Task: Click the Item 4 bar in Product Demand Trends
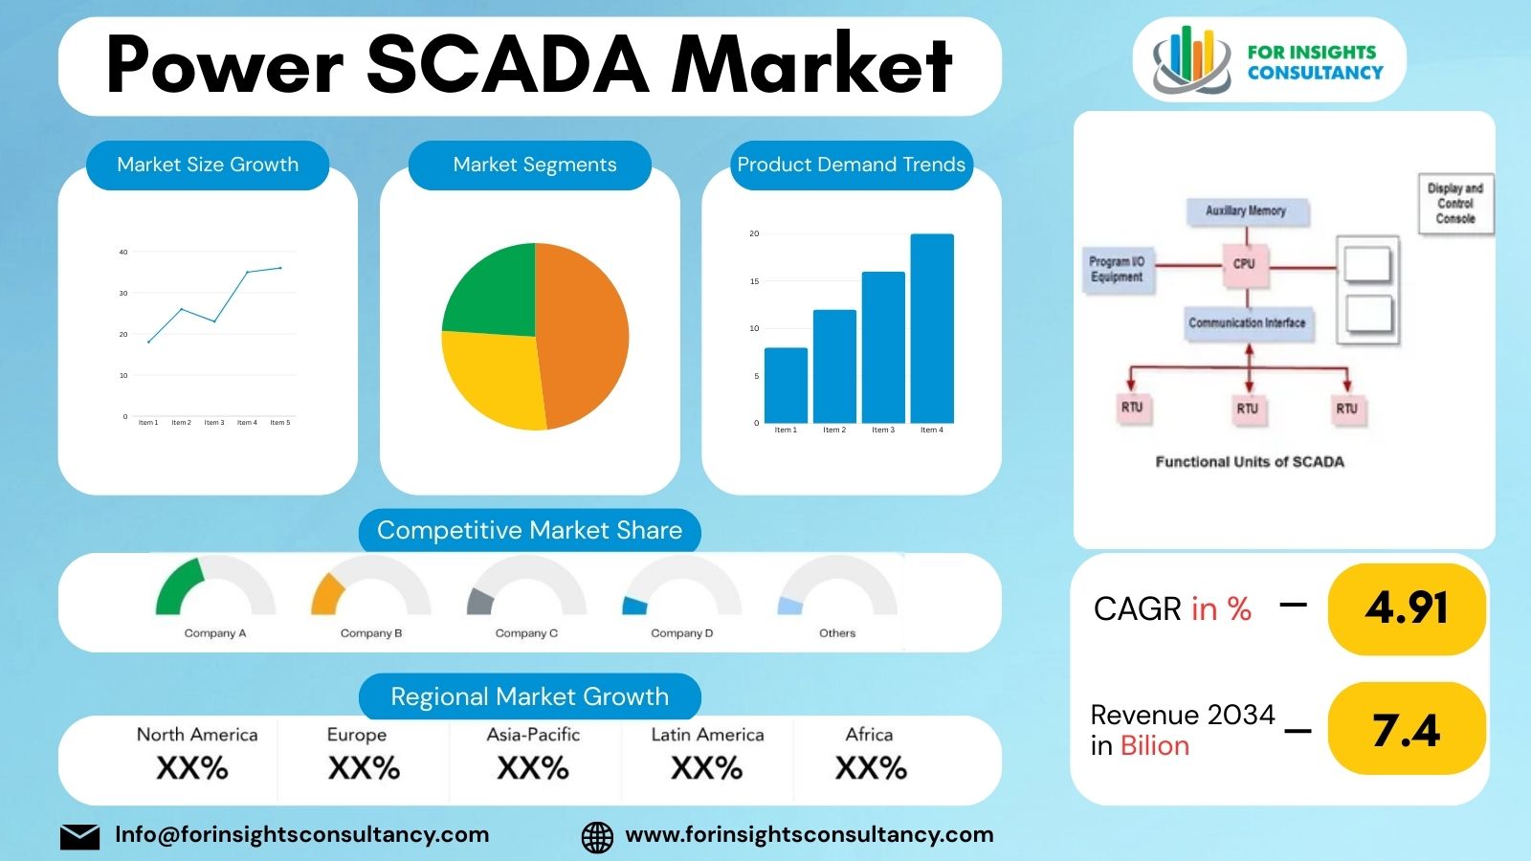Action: [x=931, y=328]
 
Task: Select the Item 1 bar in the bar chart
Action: [x=786, y=385]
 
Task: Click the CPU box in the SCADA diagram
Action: [x=1244, y=263]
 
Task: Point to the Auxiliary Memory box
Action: [x=1246, y=210]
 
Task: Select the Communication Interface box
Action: [x=1247, y=323]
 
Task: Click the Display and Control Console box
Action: [x=1454, y=204]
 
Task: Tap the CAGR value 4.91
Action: [x=1406, y=608]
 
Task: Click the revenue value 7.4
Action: [x=1406, y=731]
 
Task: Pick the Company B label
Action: [x=371, y=633]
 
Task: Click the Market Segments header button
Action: [x=534, y=165]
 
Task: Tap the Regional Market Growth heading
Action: [x=529, y=696]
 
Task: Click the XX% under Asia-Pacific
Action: [x=533, y=768]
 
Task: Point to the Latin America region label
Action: [x=707, y=735]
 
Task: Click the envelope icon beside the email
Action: [x=79, y=836]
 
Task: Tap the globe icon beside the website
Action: [x=597, y=836]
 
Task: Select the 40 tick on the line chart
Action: [x=123, y=253]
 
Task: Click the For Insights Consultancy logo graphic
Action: [x=1190, y=59]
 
